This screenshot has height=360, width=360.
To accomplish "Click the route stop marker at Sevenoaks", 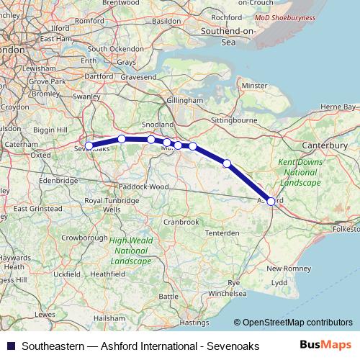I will pyautogui.click(x=89, y=146).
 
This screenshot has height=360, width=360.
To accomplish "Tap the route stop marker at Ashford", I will pyautogui.click(x=271, y=202).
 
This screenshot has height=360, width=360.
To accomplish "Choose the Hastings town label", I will pyautogui.click(x=194, y=322).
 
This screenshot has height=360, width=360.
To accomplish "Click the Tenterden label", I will pyautogui.click(x=222, y=233).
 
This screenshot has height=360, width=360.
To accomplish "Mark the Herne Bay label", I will pyautogui.click(x=338, y=107).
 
